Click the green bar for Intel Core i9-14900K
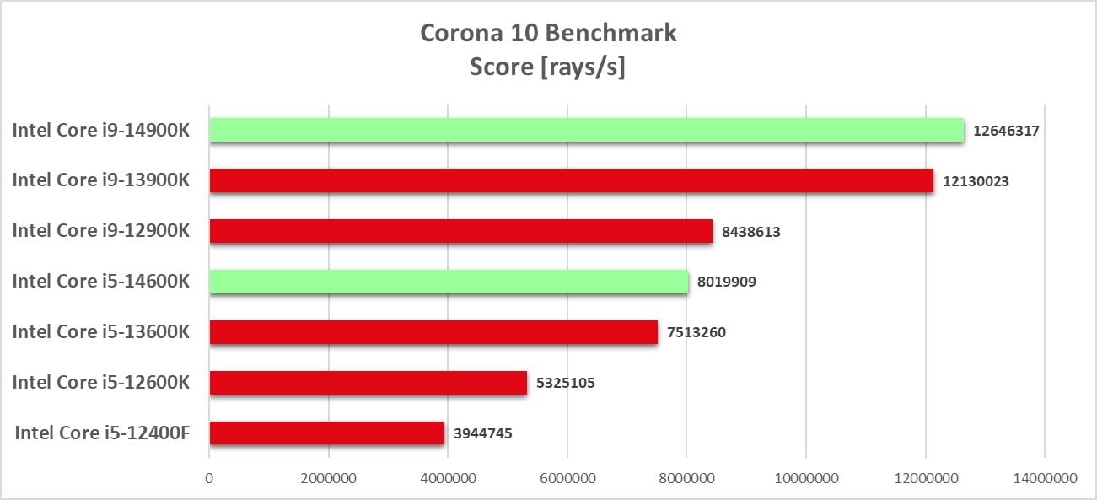pyautogui.click(x=586, y=130)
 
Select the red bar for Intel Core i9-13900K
pyautogui.click(x=571, y=180)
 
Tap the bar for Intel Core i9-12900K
pyautogui.click(x=460, y=231)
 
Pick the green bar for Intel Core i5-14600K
pyautogui.click(x=449, y=282)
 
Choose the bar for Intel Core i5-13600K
pyautogui.click(x=433, y=332)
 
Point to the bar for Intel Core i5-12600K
pyautogui.click(x=368, y=383)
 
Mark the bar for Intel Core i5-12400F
pyautogui.click(x=326, y=433)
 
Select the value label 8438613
pyautogui.click(x=750, y=232)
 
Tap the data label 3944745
pyautogui.click(x=482, y=434)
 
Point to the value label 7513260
pyautogui.click(x=696, y=333)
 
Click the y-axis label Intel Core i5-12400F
pyautogui.click(x=102, y=433)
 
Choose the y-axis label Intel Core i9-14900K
pyautogui.click(x=100, y=130)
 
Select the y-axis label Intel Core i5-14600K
pyautogui.click(x=100, y=282)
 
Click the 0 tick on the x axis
pyautogui.click(x=209, y=477)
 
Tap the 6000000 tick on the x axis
pyautogui.click(x=567, y=477)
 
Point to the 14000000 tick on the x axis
pyautogui.click(x=1044, y=477)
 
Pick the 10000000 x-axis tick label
pyautogui.click(x=805, y=477)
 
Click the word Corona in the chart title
pyautogui.click(x=462, y=33)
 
